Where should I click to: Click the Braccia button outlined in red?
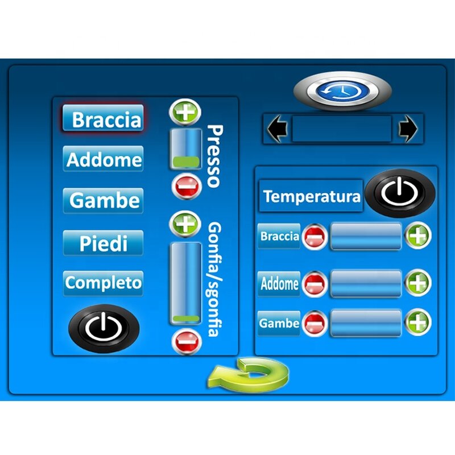103,118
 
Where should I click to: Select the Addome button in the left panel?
103,159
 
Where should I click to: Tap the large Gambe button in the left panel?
103,200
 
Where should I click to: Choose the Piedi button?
103,243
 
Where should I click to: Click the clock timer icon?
342,91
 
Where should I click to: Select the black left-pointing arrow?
277,129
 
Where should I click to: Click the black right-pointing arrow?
408,129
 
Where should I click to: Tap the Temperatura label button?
312,196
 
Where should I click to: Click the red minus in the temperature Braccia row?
314,237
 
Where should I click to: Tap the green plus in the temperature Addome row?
418,282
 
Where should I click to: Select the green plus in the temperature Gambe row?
418,322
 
